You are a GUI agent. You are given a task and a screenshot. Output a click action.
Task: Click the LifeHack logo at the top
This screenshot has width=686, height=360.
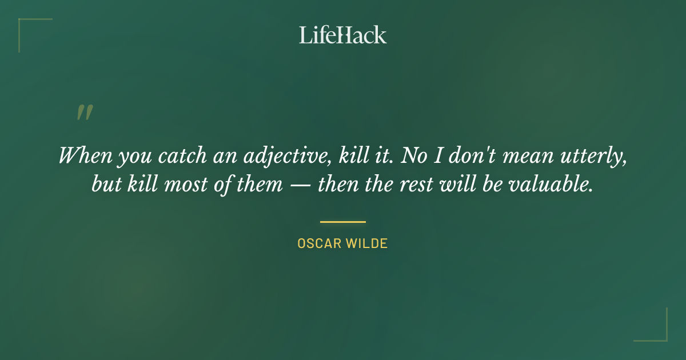(343, 35)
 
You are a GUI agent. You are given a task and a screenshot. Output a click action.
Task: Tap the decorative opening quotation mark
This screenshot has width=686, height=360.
(84, 113)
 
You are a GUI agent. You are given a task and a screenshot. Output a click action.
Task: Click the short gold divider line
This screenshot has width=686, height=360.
(343, 222)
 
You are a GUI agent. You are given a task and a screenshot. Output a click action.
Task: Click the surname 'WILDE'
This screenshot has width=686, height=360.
(368, 243)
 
